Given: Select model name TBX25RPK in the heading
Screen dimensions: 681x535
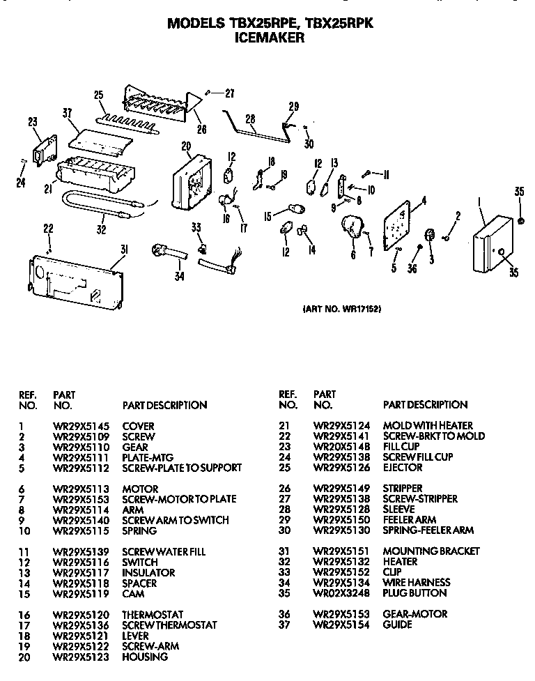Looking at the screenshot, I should (340, 23).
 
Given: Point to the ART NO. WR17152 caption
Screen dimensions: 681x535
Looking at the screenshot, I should (342, 309).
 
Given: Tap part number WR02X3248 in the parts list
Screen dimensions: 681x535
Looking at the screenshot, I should (339, 593).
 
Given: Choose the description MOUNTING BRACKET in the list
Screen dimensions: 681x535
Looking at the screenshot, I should (431, 551).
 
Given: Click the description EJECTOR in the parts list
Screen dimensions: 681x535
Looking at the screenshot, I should (402, 468).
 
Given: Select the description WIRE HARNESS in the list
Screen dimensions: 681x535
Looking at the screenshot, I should (416, 583).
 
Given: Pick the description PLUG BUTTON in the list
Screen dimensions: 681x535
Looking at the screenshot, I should (414, 593).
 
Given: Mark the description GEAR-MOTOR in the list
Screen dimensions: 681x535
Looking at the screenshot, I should (414, 614).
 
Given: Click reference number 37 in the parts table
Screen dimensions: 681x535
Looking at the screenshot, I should (284, 625).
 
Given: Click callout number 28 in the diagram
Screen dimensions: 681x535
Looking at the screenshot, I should (250, 119).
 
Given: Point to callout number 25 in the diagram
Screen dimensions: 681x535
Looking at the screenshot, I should (98, 95).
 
